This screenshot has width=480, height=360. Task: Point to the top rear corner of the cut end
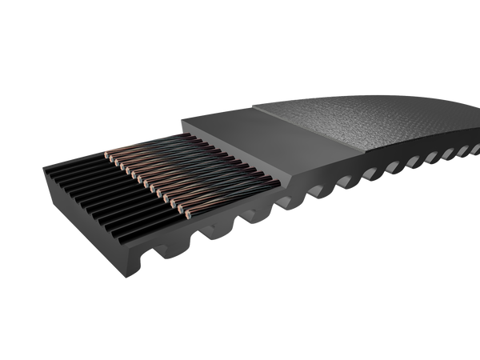(x=44, y=164)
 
